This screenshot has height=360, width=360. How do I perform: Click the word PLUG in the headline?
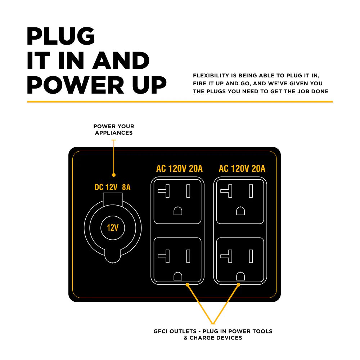point(61,36)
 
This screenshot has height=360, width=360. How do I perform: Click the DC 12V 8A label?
point(112,187)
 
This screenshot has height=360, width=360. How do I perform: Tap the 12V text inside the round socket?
point(113,228)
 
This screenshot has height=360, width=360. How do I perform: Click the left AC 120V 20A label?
point(179,168)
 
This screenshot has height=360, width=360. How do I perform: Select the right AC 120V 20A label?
point(242,168)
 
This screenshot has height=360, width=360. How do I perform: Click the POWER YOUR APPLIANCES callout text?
point(114,130)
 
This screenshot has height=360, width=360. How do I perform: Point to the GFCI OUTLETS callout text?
point(213,334)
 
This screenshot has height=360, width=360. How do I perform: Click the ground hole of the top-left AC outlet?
point(178,211)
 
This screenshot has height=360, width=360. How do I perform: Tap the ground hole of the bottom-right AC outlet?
point(240,276)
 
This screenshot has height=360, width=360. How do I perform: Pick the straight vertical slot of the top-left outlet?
point(188,191)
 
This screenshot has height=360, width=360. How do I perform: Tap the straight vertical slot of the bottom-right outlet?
point(251,256)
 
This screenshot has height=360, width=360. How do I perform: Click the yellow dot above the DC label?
point(114,175)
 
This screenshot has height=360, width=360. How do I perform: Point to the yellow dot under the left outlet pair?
point(188,285)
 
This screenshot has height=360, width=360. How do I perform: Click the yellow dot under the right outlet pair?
point(238,285)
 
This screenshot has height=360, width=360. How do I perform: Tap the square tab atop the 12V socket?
point(113,199)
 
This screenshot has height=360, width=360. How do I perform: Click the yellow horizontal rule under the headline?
point(180,102)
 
